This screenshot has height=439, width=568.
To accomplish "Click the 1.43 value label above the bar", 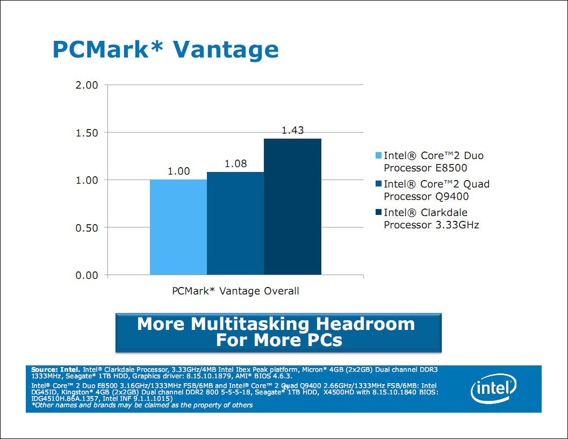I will point(293,131).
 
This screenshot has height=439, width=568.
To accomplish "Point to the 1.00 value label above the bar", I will point(179,171).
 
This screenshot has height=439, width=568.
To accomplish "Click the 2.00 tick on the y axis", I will point(86,85).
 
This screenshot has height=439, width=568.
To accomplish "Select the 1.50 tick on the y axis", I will point(86,132).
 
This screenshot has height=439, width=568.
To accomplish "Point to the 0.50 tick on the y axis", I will point(86,228).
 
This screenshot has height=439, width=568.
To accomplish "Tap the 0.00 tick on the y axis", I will point(86,275).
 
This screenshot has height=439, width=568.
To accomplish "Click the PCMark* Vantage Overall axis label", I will point(235,291).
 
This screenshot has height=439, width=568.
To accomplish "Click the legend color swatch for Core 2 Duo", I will point(378,156).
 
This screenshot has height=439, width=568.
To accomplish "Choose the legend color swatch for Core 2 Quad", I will point(378,184).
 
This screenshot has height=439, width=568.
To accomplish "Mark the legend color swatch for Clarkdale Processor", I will point(378,212).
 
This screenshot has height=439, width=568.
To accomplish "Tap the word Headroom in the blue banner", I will point(365,324).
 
